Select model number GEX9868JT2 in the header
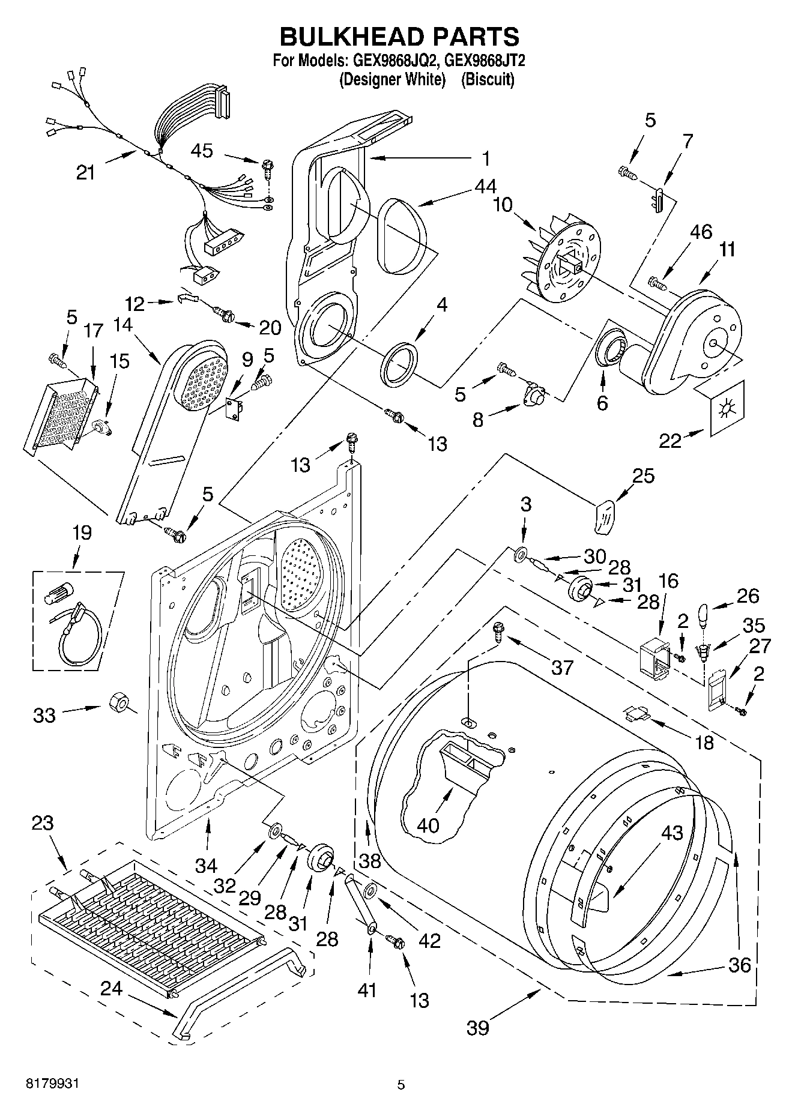477,61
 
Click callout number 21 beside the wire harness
86,172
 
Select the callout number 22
670,441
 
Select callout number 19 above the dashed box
82,532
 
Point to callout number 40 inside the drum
428,825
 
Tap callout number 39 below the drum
478,1027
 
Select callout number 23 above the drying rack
43,822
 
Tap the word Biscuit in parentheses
488,79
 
